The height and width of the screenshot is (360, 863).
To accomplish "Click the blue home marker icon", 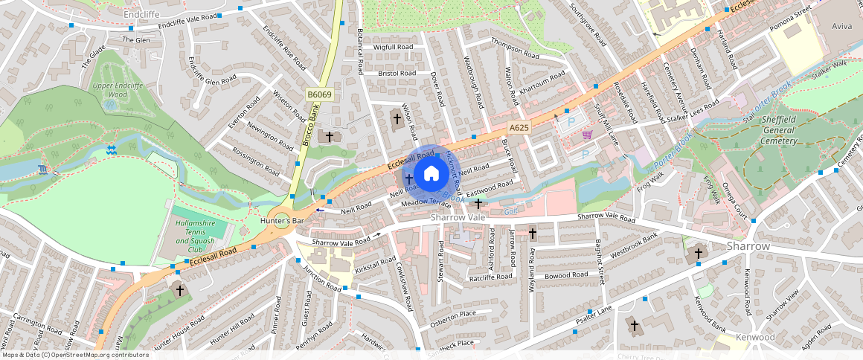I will (x=431, y=175).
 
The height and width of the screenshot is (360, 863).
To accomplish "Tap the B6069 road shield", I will (x=319, y=94).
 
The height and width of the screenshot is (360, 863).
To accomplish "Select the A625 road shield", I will (x=519, y=128).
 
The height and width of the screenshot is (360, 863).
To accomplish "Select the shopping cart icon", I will (x=587, y=135).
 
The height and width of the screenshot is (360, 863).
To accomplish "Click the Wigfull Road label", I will (x=394, y=47).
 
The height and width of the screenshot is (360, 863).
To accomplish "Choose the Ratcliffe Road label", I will (x=491, y=277).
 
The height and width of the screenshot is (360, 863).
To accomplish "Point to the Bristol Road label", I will (x=397, y=74).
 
